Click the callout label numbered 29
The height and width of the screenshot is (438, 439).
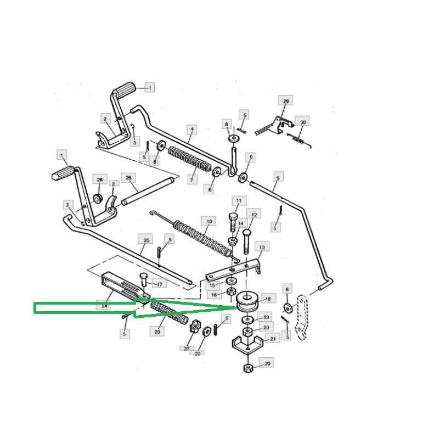point(285,100)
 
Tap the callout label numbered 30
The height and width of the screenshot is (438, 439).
point(303,122)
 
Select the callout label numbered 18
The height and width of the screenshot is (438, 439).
point(268,299)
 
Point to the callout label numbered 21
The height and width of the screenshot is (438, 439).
point(273,339)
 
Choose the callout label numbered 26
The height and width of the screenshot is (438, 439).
point(128,178)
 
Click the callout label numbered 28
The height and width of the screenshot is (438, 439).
point(100,179)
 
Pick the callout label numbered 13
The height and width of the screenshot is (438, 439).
point(262,247)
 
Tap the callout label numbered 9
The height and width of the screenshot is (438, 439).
point(278,177)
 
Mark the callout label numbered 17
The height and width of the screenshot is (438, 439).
point(159,284)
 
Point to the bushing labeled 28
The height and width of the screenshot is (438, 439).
point(98,199)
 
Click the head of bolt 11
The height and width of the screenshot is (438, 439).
point(233,216)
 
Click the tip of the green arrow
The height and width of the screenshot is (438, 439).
point(237,308)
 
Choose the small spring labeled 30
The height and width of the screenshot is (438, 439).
point(299,140)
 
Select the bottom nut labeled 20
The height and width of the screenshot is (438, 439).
point(249,368)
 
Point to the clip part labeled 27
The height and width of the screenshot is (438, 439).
point(195,327)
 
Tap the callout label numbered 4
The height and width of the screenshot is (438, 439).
point(192,130)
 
